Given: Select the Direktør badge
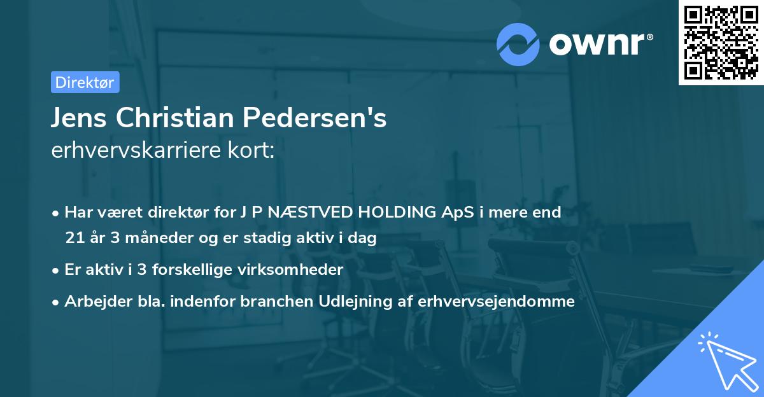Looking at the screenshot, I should click(85, 82).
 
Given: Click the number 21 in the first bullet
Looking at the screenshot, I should click(74, 239).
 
